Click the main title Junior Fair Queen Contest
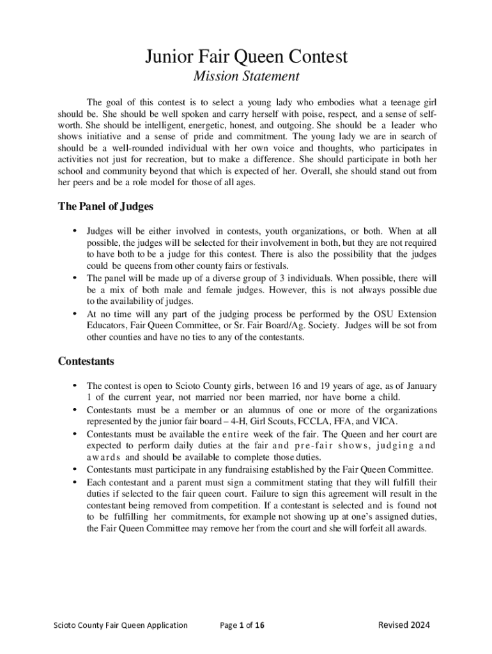tap(246, 57)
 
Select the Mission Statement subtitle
tap(246, 77)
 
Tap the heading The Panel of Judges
tap(105, 207)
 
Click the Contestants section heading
tap(86, 361)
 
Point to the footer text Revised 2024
tap(404, 625)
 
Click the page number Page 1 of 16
tap(242, 625)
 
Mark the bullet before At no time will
tap(75, 314)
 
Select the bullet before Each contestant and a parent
tap(75, 482)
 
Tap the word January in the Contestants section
tap(419, 386)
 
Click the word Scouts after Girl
tap(264, 422)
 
